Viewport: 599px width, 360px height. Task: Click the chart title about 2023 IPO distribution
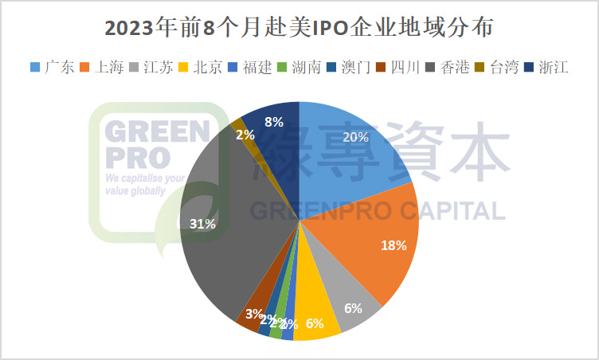299,29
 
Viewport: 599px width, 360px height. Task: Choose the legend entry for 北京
204,67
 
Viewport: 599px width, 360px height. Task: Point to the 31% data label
202,224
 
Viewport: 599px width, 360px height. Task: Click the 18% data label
393,245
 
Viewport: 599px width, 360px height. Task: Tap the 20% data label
355,137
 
